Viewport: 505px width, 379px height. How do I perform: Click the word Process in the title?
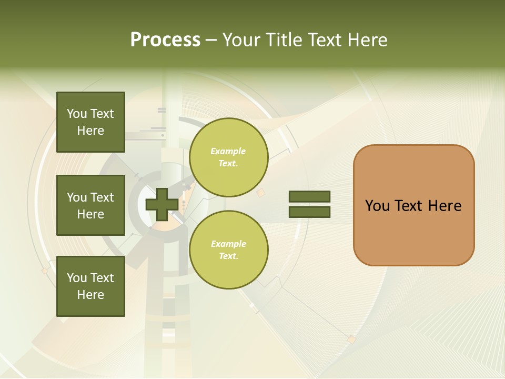click(165, 40)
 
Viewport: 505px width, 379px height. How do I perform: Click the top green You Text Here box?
click(90, 122)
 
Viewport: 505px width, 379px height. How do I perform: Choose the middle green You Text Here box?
click(90, 205)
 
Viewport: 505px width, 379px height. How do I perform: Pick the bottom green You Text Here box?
click(90, 286)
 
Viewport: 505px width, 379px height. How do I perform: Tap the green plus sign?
click(161, 204)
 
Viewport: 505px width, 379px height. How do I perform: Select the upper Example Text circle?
click(228, 157)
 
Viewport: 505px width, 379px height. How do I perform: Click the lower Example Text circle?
click(228, 250)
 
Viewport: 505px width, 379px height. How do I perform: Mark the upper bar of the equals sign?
click(309, 197)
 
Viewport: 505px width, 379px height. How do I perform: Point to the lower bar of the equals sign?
click(309, 212)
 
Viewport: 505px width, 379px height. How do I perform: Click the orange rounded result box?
click(413, 205)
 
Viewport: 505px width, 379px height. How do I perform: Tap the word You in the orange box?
click(378, 206)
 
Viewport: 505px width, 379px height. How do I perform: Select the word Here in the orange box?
click(445, 206)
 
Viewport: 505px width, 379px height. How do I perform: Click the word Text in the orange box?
click(409, 206)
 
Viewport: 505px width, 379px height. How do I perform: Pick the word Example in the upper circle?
click(228, 152)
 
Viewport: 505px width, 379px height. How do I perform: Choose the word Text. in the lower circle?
click(228, 256)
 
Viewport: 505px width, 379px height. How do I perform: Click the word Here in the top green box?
click(90, 131)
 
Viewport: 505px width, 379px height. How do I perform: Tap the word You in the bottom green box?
click(77, 278)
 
